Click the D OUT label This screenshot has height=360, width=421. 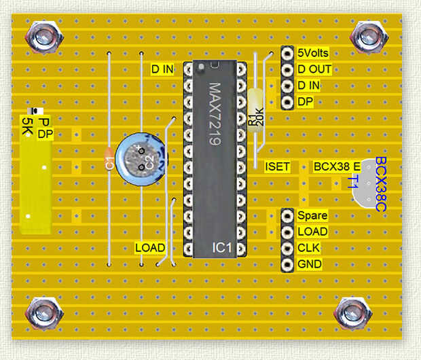coord(314,69)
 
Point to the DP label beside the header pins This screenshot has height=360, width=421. coord(305,102)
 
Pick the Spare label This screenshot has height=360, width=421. coord(312,215)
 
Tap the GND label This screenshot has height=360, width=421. coord(310,264)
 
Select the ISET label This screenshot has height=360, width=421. coord(277,166)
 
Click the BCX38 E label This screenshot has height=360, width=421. coord(337,166)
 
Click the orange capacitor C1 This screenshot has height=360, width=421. coord(109,162)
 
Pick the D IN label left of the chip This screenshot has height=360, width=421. coord(162,69)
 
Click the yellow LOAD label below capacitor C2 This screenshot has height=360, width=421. coord(149,248)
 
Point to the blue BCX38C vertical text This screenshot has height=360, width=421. coord(381,183)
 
